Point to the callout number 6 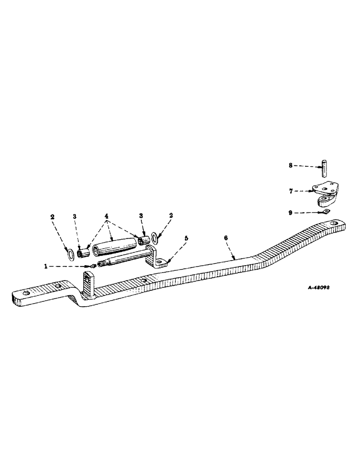(x=227, y=238)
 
